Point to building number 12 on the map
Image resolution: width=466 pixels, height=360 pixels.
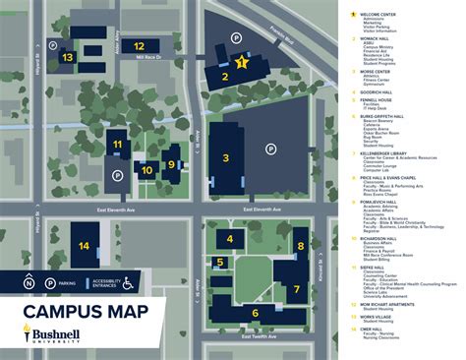pos(139,45)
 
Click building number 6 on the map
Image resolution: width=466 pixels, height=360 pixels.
pos(254,312)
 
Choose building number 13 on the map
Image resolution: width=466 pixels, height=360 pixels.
pos(67,57)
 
